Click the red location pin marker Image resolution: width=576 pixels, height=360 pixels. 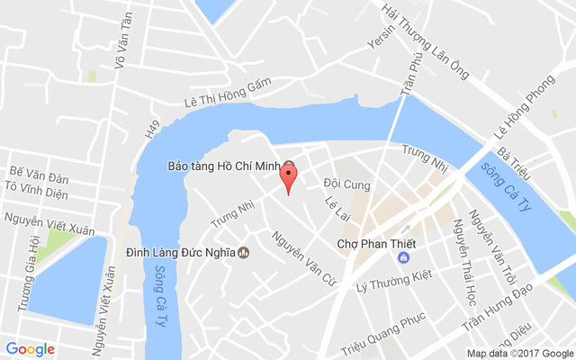click(288, 175)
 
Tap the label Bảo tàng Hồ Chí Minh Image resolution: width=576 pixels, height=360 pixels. click(225, 166)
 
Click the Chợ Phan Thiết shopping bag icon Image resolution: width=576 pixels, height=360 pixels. click(403, 258)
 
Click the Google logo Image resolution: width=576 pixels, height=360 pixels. click(30, 348)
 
